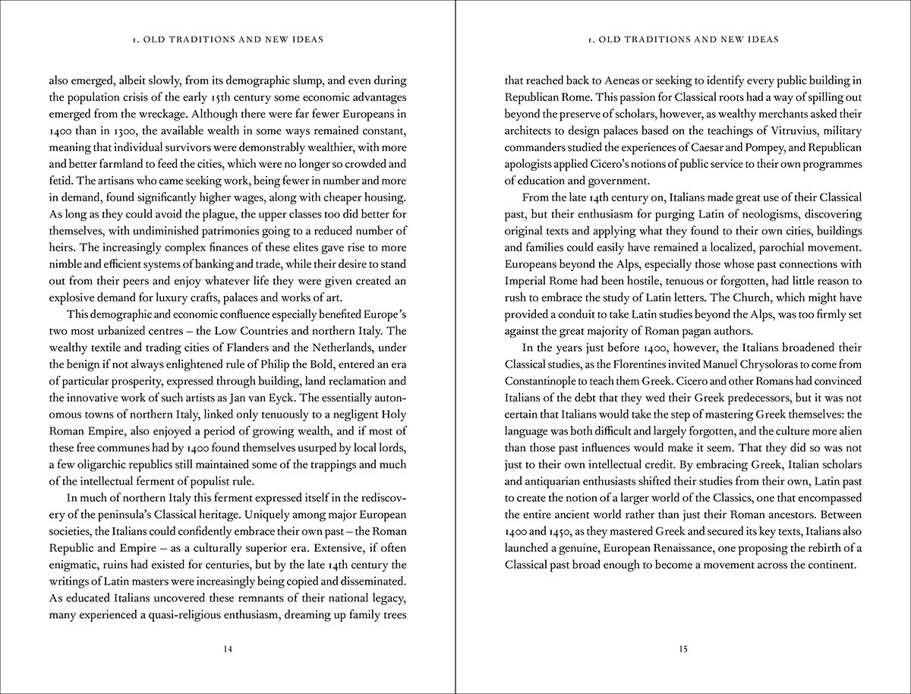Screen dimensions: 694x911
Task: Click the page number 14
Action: (x=228, y=648)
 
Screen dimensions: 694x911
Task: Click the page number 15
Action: (x=683, y=648)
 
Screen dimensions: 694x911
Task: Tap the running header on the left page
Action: (x=228, y=39)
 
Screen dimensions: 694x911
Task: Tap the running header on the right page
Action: (x=683, y=39)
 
